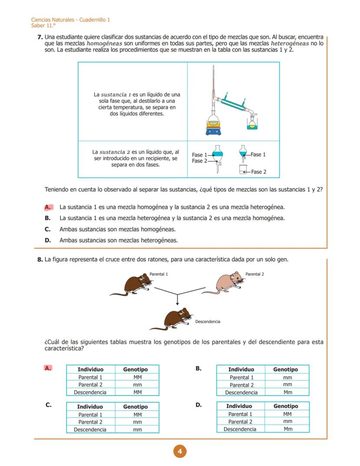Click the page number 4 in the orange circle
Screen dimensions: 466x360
pyautogui.click(x=180, y=452)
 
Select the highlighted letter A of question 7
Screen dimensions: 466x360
pyautogui.click(x=48, y=207)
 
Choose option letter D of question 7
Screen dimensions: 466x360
pyautogui.click(x=48, y=240)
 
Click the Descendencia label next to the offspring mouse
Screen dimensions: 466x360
pyautogui.click(x=207, y=322)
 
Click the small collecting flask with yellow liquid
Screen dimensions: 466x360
pyautogui.click(x=252, y=124)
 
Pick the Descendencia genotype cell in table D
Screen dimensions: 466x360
pyautogui.click(x=287, y=429)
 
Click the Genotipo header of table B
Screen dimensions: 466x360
pyautogui.click(x=285, y=369)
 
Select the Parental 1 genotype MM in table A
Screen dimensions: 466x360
pyautogui.click(x=137, y=377)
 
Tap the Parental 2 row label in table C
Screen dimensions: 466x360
pyautogui.click(x=90, y=422)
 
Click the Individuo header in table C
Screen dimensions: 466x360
pyautogui.click(x=90, y=406)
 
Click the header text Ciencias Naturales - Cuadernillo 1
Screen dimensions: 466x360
pyautogui.click(x=70, y=20)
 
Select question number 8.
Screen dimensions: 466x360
pyautogui.click(x=40, y=260)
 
